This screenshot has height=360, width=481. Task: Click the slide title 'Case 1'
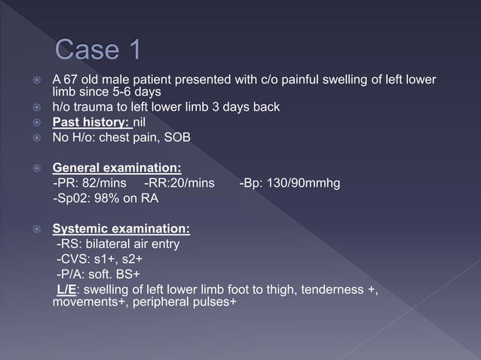[98, 51]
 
